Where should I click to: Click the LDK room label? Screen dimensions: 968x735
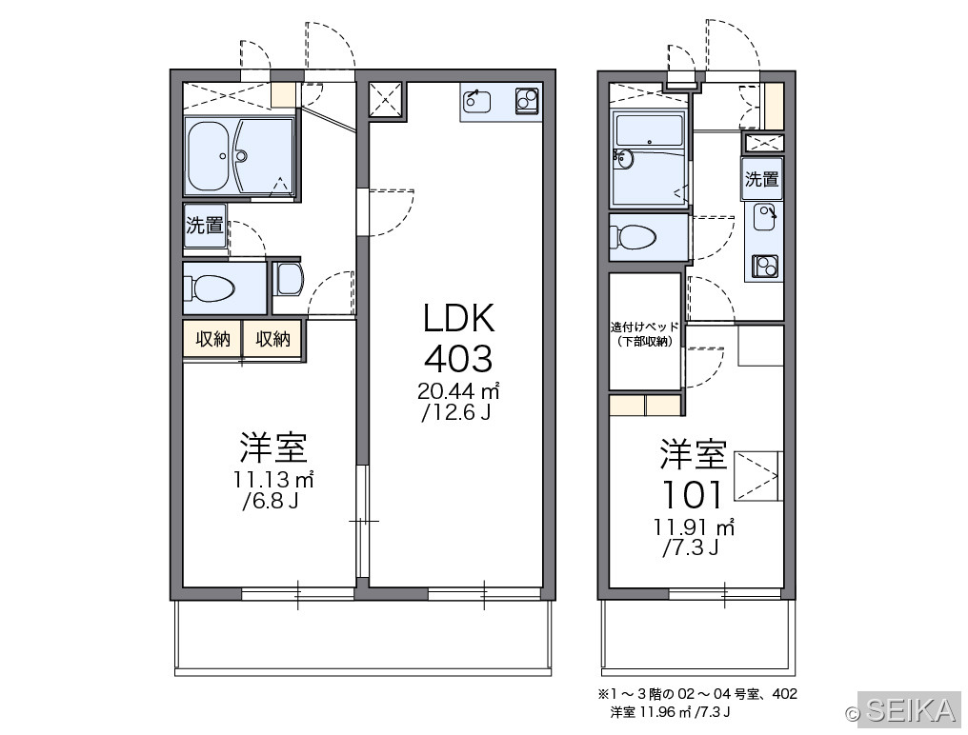(x=458, y=318)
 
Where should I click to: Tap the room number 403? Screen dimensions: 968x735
(x=458, y=359)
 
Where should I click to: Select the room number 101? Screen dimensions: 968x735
(x=692, y=494)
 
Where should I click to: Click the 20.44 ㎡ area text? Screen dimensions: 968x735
(x=458, y=390)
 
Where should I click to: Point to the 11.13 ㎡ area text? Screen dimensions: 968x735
(x=273, y=479)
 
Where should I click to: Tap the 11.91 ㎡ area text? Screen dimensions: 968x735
(x=694, y=527)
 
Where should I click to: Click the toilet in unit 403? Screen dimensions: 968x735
(x=210, y=288)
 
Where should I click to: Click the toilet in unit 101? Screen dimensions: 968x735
(x=633, y=237)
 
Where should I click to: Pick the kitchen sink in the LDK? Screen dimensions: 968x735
(x=476, y=101)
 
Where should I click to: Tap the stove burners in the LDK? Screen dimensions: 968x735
(x=527, y=101)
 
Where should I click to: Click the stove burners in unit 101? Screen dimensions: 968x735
(x=765, y=267)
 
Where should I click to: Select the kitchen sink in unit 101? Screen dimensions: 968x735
(x=765, y=217)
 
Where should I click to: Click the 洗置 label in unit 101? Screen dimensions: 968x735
(x=762, y=179)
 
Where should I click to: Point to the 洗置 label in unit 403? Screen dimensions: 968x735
(x=204, y=226)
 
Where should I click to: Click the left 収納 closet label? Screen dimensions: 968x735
(x=213, y=339)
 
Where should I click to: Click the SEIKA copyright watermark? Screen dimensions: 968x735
(x=901, y=710)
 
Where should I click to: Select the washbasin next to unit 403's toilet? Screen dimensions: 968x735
(x=289, y=278)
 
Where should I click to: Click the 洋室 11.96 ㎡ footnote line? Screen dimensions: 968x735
(x=671, y=712)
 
